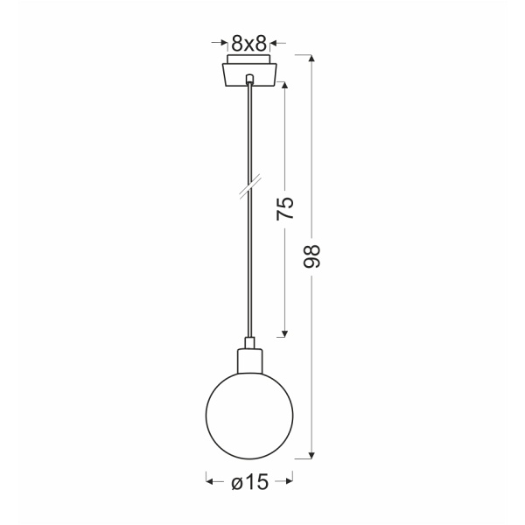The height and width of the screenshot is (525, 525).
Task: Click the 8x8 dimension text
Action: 249,40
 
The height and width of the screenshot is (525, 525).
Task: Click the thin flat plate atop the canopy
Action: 250,59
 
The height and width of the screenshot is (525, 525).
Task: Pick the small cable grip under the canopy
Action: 250,80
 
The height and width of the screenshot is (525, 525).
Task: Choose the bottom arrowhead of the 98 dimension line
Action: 312,454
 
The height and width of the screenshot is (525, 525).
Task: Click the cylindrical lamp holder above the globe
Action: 250,359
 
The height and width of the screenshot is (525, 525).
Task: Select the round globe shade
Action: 249,413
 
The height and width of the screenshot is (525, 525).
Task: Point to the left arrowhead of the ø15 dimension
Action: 210,479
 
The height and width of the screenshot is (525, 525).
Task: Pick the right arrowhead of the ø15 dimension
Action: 290,479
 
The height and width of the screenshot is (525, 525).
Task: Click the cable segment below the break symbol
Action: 250,262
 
